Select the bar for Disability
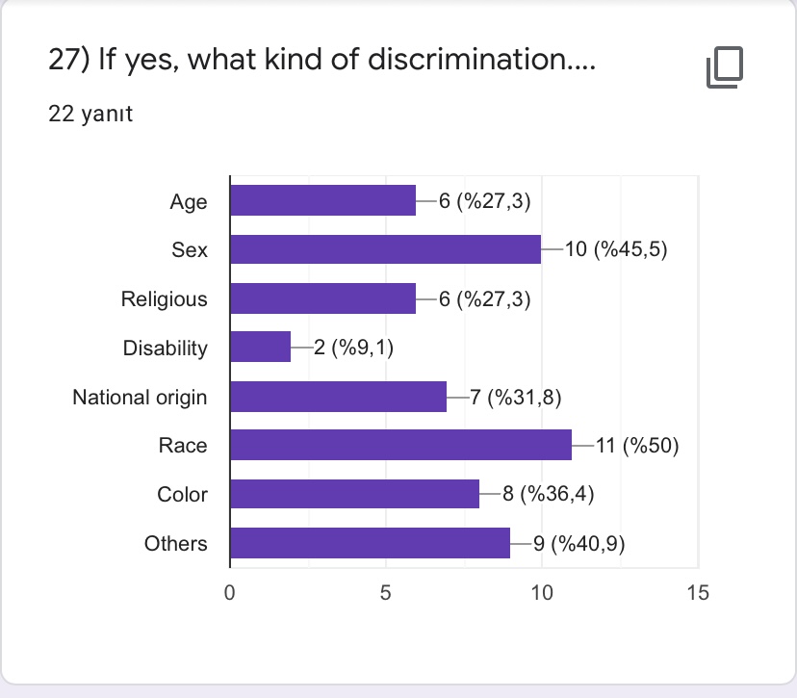click(x=260, y=348)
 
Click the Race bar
click(x=400, y=446)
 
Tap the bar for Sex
click(x=385, y=249)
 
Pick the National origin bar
click(x=338, y=397)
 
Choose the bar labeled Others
click(x=370, y=544)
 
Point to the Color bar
click(x=354, y=495)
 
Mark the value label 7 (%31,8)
click(x=515, y=397)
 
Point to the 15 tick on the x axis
click(x=698, y=592)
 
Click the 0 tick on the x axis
click(x=230, y=592)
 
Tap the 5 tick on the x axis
click(x=385, y=592)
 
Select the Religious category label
click(x=164, y=298)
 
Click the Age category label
click(x=189, y=201)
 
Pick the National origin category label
click(x=140, y=397)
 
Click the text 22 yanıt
click(x=90, y=115)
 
